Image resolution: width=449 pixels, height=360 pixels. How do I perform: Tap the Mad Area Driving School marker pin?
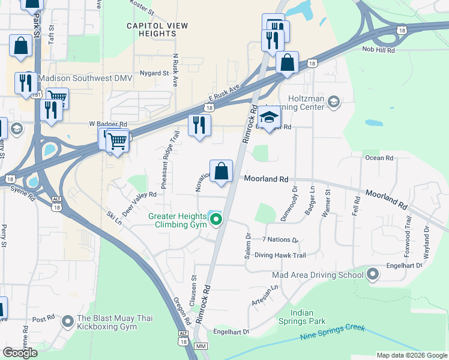tap(373, 275)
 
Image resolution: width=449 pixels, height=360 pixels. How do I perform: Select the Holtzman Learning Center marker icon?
tap(334, 103)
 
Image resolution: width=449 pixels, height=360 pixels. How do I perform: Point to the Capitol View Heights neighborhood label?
tap(157, 31)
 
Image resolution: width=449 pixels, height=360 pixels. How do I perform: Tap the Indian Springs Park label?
tap(310, 317)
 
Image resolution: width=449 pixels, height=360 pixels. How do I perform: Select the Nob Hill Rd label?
tap(379, 51)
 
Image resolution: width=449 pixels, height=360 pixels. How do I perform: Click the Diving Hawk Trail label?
tap(280, 255)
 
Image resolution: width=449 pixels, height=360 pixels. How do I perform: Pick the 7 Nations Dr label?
tap(280, 240)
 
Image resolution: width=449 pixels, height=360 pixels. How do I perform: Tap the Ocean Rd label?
tap(379, 158)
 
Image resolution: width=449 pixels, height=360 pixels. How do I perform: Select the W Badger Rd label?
tap(108, 124)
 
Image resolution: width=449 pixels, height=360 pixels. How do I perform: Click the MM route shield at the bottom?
tap(201, 347)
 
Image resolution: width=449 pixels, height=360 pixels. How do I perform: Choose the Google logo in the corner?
tap(20, 353)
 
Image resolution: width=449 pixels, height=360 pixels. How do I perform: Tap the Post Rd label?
tap(43, 319)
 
